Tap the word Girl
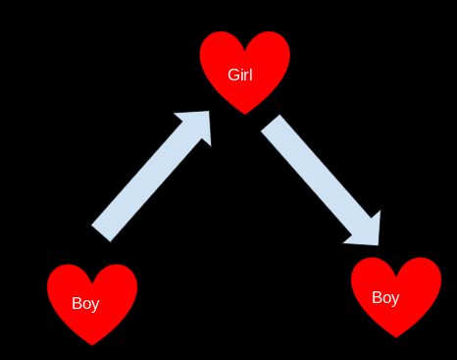[x=240, y=75]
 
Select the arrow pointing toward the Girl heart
[x=151, y=177]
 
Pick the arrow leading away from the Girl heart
[x=321, y=180]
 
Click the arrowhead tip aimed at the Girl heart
[x=209, y=111]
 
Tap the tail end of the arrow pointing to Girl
[x=101, y=233]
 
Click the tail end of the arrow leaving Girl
[x=271, y=123]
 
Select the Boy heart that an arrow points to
[x=396, y=297]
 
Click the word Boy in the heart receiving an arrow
[x=385, y=298]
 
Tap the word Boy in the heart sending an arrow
[x=85, y=304]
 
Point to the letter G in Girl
[x=233, y=75]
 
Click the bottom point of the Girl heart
[x=245, y=115]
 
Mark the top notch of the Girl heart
[x=245, y=51]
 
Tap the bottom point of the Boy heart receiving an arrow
[x=396, y=337]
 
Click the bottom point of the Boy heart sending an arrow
[x=92, y=345]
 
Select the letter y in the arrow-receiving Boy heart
[x=395, y=300]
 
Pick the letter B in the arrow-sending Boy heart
[x=76, y=303]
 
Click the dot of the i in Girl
[x=242, y=70]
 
